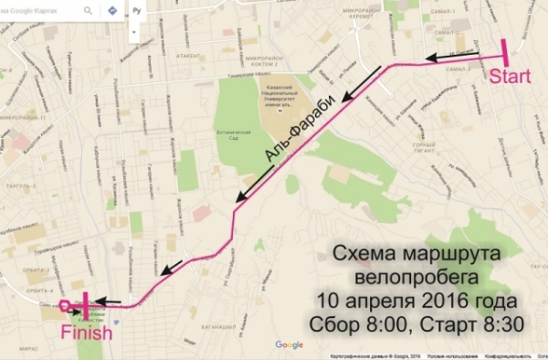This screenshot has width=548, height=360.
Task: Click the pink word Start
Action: [x=510, y=77]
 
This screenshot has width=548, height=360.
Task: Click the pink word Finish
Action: [x=88, y=334]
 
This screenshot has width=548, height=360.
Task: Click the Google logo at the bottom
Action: [x=289, y=344]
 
